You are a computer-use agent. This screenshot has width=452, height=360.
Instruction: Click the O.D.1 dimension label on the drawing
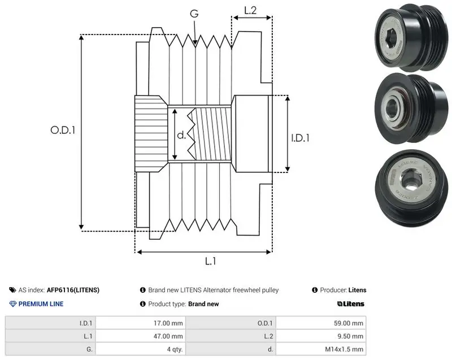click(x=63, y=131)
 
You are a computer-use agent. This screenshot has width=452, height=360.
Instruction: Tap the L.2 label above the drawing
click(x=250, y=10)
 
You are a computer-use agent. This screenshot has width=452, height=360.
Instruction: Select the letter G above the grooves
click(x=194, y=14)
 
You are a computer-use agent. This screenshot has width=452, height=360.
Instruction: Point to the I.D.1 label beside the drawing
click(x=300, y=138)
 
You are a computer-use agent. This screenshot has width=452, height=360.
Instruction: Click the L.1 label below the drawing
click(x=210, y=261)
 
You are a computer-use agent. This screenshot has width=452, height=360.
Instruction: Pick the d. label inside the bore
click(x=181, y=135)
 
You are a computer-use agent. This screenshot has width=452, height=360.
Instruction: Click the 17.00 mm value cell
click(x=141, y=323)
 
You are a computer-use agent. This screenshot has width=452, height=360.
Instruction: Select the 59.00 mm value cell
click(x=321, y=323)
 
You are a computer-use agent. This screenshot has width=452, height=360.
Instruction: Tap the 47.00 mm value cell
click(x=141, y=336)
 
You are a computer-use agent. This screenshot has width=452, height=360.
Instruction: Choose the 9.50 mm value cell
click(x=321, y=336)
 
